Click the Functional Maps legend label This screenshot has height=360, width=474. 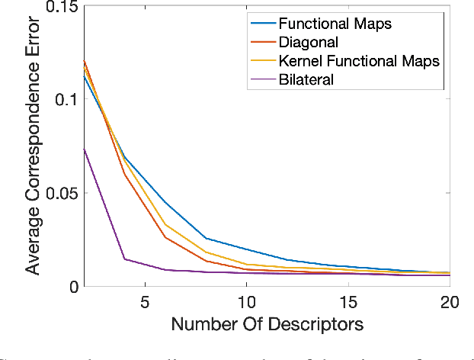[336, 24]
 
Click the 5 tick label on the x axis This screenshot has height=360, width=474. [143, 303]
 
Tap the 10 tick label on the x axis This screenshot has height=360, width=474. [245, 303]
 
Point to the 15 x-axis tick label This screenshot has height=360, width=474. [348, 303]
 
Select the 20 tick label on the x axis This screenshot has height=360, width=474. [450, 303]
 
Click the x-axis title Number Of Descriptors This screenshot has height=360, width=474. [267, 325]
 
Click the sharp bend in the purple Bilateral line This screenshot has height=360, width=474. [124, 259]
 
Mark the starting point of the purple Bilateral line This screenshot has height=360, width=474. [84, 149]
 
